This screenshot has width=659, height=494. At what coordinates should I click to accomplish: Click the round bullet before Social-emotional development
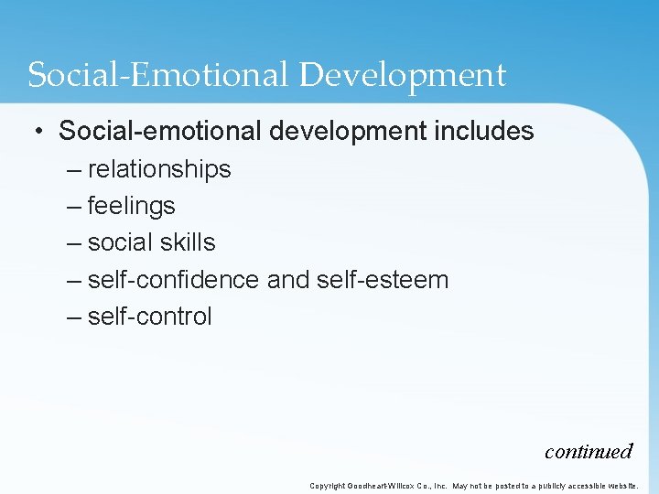coord(38,132)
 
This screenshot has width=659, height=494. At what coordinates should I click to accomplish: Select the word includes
coord(485,131)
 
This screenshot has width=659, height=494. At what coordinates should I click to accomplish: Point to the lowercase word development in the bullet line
coord(349,132)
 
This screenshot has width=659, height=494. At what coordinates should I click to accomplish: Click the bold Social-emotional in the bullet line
coord(160,131)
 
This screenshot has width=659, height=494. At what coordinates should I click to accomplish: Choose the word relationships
coord(159,169)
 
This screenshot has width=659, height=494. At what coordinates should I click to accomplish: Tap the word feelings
coord(131,206)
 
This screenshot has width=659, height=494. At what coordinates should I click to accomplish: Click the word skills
coord(188,242)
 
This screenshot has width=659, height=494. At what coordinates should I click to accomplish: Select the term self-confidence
coord(173,279)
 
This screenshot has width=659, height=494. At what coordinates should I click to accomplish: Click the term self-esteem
coord(383,279)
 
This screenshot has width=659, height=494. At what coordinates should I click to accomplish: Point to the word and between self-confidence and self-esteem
coord(287,279)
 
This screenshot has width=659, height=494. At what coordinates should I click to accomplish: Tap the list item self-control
coord(149,317)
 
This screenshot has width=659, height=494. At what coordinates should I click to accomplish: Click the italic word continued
coord(589,451)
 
